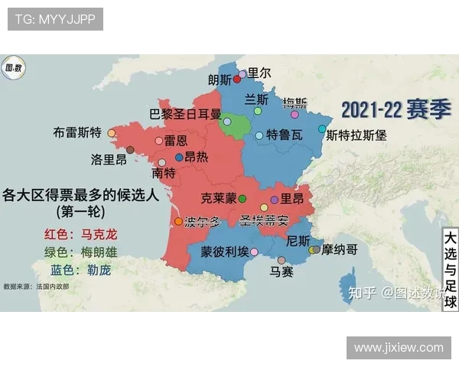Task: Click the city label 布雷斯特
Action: pyautogui.click(x=78, y=132)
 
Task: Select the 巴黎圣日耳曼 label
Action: pyautogui.click(x=185, y=114)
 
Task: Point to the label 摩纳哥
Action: pyautogui.click(x=340, y=249)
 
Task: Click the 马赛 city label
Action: pyautogui.click(x=282, y=271)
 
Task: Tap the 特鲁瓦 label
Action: pyautogui.click(x=285, y=135)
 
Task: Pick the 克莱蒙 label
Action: pyautogui.click(x=219, y=198)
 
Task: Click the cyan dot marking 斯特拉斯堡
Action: pyautogui.click(x=322, y=129)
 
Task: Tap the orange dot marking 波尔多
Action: pyautogui.click(x=179, y=222)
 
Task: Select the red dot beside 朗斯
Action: pyautogui.click(x=237, y=79)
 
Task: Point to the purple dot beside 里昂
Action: pyautogui.click(x=274, y=199)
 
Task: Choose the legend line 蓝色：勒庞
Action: pyautogui.click(x=80, y=270)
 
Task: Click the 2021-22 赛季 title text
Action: pyautogui.click(x=396, y=109)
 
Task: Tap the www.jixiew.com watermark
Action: pyautogui.click(x=399, y=348)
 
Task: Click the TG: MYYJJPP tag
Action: pyautogui.click(x=55, y=19)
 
